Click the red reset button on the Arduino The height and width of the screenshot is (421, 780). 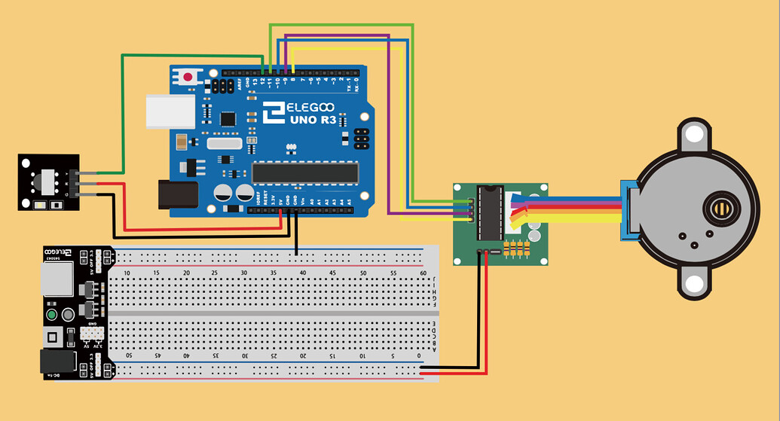(x=186, y=77)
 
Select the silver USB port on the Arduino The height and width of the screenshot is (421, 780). (x=170, y=111)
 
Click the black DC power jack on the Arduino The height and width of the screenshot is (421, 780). (x=178, y=194)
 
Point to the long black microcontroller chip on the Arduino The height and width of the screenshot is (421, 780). (x=304, y=172)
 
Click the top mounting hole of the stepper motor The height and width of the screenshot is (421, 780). (x=693, y=134)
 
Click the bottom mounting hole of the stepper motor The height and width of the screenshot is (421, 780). (x=693, y=284)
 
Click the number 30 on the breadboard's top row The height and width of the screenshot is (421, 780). (x=244, y=273)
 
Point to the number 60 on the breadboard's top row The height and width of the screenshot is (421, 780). (x=423, y=273)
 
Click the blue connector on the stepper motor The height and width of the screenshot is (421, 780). (x=627, y=211)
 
